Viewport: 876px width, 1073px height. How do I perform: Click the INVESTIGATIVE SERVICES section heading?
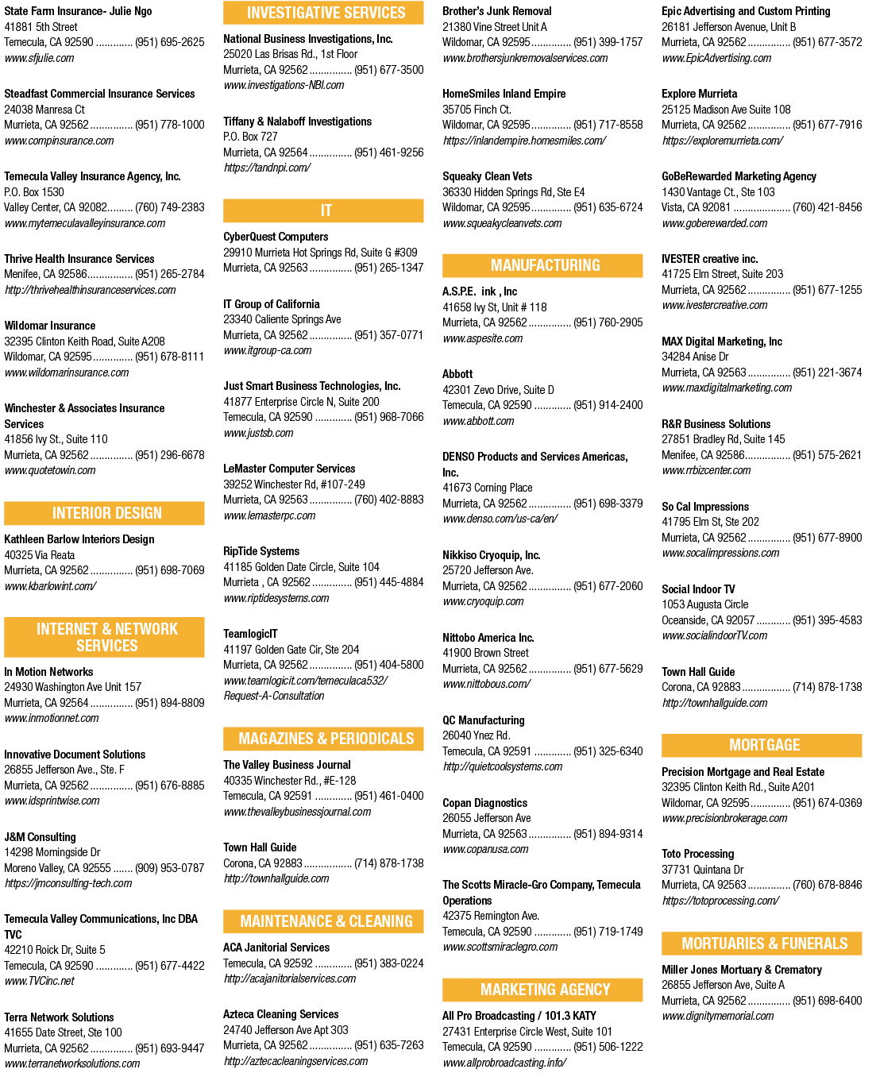tap(323, 13)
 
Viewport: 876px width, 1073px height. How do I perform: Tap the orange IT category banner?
tap(323, 210)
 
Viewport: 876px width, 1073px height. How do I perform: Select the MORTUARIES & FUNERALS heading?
tap(761, 944)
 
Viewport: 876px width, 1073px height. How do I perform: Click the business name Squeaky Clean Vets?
tap(487, 176)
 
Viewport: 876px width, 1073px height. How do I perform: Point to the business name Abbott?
tap(457, 374)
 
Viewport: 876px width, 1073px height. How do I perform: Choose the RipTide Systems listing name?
tap(261, 551)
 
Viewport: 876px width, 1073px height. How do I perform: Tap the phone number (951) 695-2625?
tap(169, 42)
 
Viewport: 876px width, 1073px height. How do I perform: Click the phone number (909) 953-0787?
tap(169, 868)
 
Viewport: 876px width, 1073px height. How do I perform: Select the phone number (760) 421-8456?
tap(828, 207)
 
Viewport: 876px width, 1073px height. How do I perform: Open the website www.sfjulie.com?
tap(39, 58)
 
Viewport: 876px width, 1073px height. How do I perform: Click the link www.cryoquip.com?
tap(483, 601)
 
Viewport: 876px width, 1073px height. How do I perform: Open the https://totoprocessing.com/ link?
tap(720, 901)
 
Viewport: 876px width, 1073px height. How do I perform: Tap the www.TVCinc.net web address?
tap(39, 981)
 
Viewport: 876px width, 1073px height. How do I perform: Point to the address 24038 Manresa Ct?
tap(44, 110)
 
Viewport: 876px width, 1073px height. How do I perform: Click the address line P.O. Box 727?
tap(250, 137)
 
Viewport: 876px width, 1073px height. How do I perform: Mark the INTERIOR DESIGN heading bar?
tap(104, 513)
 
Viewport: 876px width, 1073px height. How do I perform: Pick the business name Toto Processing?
tap(697, 854)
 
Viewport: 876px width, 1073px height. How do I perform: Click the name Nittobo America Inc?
tap(488, 638)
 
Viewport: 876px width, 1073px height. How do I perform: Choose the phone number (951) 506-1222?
tap(608, 1047)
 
